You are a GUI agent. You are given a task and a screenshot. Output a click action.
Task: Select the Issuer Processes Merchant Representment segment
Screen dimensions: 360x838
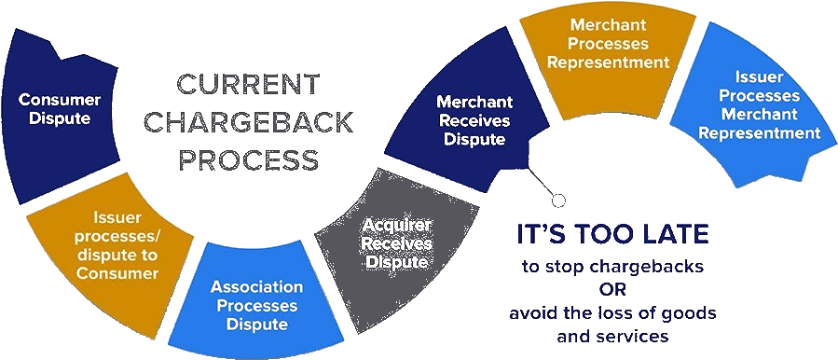point(760,107)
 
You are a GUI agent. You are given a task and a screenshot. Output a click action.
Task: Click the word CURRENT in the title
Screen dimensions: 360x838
point(247,87)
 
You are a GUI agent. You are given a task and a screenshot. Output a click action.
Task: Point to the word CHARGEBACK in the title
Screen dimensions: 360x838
point(247,122)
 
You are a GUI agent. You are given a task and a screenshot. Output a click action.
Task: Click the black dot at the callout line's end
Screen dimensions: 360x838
point(558,200)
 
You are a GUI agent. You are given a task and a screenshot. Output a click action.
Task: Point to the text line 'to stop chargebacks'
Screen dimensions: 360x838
point(612,267)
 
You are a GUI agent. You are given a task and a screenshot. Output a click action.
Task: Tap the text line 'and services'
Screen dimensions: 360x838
point(612,335)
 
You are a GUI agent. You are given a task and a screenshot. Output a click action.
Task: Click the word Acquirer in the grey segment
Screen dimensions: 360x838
point(397,226)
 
